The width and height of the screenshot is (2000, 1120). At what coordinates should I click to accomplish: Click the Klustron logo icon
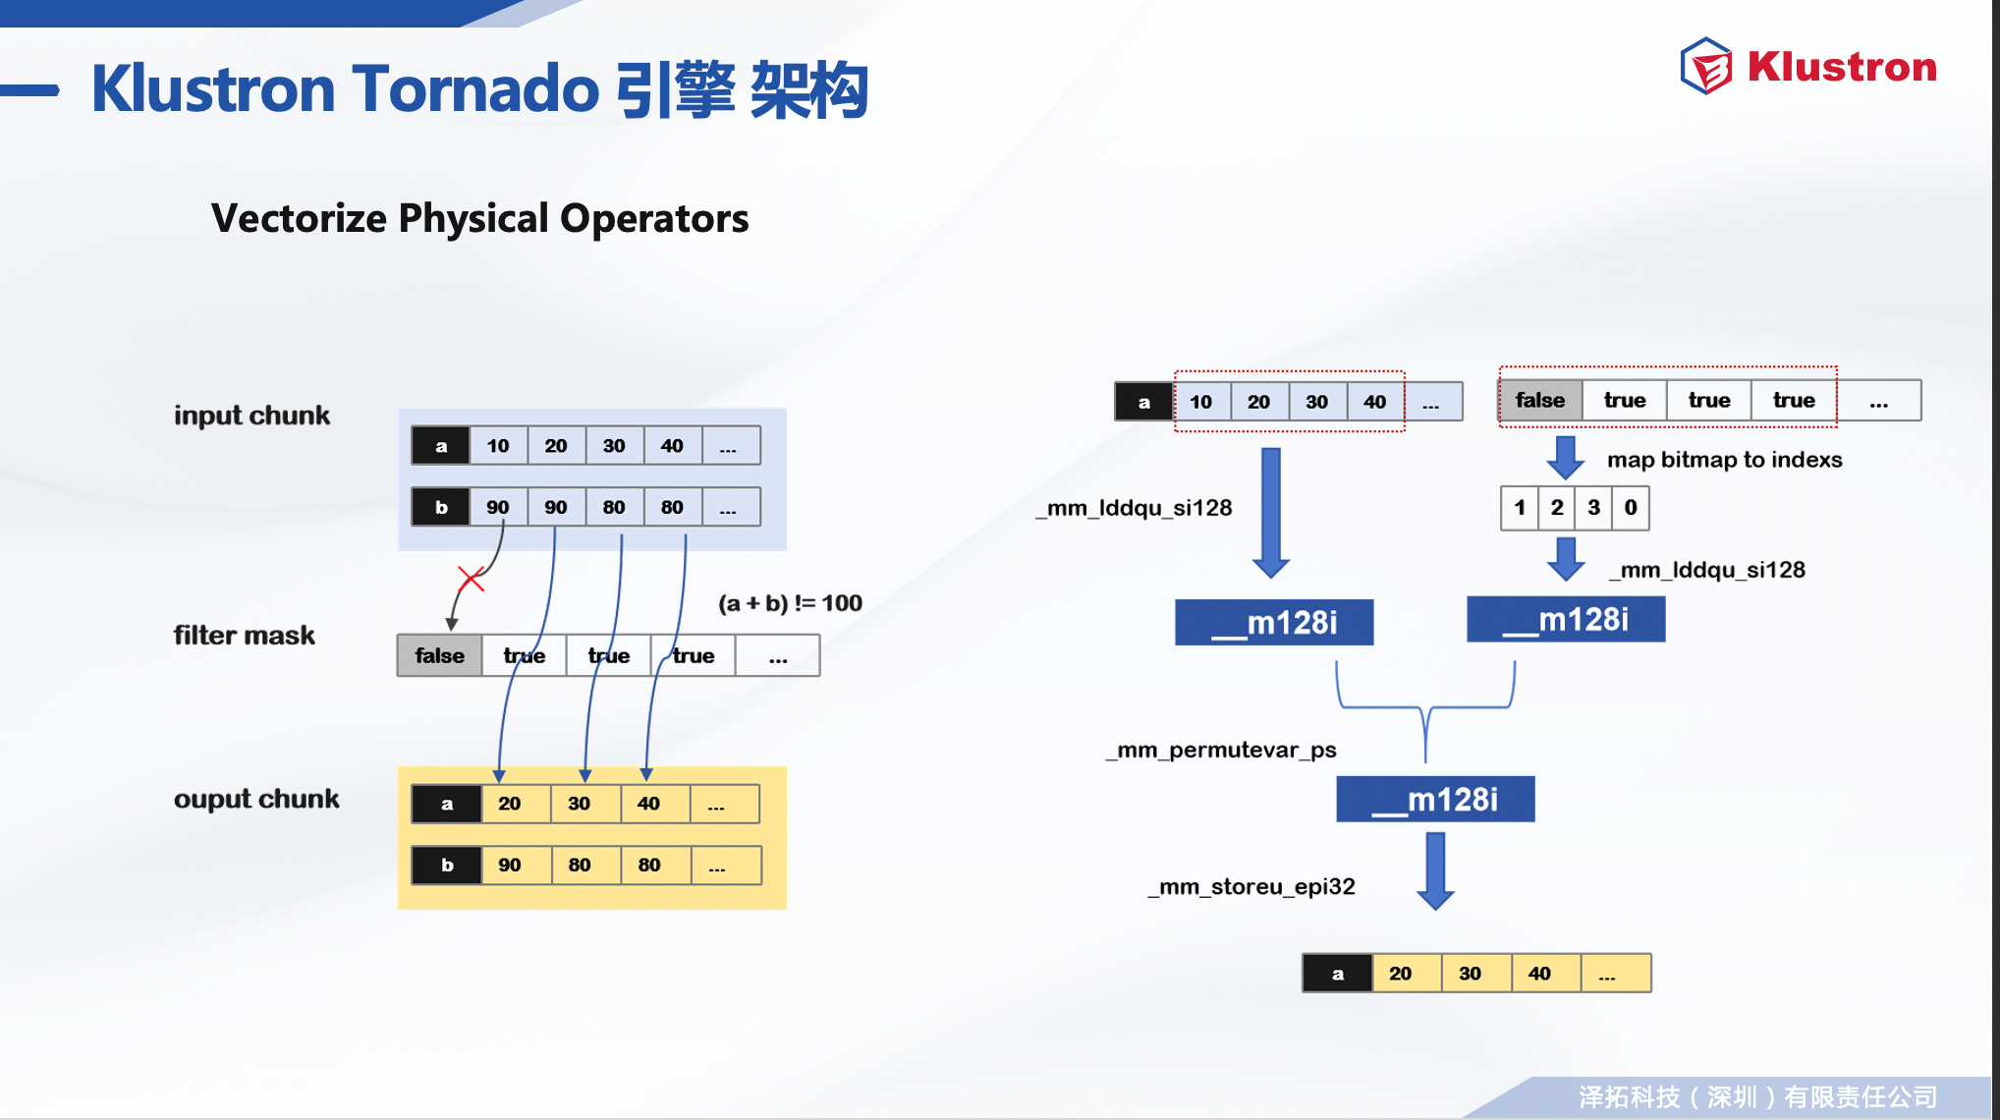coord(1706,67)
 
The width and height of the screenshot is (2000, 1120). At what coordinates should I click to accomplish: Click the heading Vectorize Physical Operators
coord(479,218)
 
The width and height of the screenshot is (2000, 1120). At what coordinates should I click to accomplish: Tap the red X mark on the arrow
coord(472,579)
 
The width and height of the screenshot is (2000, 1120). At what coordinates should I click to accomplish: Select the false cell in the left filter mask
coord(439,655)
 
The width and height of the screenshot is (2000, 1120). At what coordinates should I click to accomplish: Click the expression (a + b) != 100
coord(791,603)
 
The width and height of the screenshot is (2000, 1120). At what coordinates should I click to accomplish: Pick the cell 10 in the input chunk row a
coord(498,445)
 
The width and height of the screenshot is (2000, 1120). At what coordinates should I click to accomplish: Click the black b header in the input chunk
coord(441,507)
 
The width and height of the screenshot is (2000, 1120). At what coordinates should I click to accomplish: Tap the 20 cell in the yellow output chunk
coord(510,804)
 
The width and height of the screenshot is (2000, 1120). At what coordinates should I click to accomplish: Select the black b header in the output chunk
coord(447,865)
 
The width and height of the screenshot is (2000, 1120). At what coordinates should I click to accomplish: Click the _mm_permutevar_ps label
coord(1221,750)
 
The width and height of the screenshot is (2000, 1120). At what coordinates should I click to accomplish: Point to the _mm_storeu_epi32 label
coord(1251,886)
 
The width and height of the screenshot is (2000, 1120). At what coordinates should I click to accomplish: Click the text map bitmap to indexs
coord(1725,460)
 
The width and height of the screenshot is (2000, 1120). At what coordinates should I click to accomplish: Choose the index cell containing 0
coord(1631,508)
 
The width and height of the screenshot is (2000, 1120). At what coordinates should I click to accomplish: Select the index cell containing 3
coord(1593,508)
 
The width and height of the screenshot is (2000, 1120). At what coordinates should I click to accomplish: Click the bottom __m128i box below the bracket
coord(1435,799)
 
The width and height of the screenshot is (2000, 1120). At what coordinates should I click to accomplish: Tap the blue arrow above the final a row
coord(1435,871)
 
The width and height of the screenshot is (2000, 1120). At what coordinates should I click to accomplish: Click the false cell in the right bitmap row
coord(1540,400)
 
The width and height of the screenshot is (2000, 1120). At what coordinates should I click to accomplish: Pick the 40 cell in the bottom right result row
coord(1539,974)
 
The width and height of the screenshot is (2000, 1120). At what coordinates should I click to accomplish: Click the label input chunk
coord(251,416)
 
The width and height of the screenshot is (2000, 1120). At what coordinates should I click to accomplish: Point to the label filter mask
coord(245,636)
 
